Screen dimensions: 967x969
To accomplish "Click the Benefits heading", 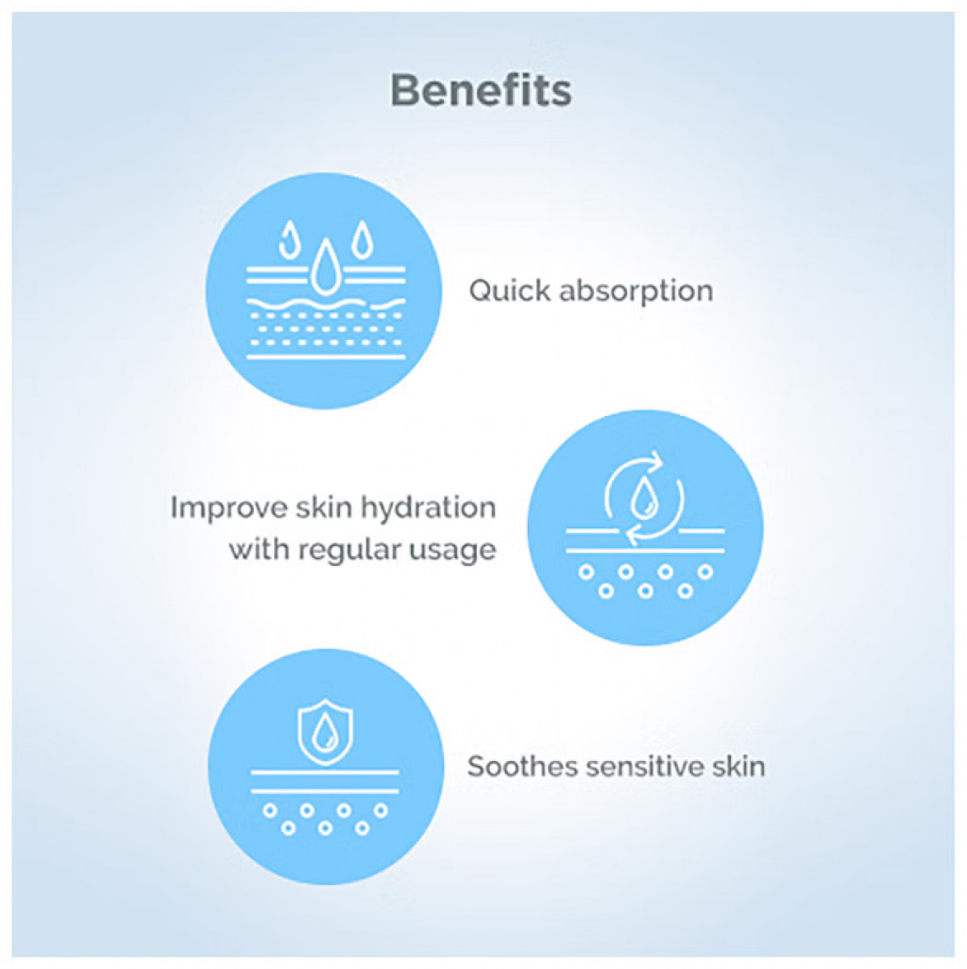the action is click(481, 91).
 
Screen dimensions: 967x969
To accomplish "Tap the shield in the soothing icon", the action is click(326, 732).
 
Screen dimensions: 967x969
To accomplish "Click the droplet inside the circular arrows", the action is click(644, 499).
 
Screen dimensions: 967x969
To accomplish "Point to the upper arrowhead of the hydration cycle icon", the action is click(655, 461).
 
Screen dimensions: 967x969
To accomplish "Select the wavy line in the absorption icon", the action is click(326, 304).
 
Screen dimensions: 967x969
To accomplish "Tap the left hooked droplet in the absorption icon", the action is click(288, 240).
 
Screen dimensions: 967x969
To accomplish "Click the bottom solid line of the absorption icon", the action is click(326, 357).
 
